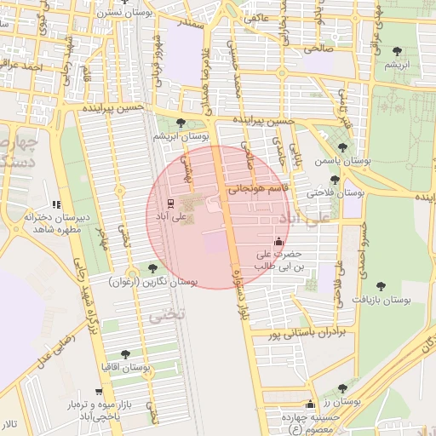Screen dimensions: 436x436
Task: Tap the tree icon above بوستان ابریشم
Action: click(180, 123)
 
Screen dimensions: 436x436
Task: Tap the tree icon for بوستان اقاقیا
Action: click(126, 353)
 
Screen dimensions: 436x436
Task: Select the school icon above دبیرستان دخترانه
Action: click(56, 204)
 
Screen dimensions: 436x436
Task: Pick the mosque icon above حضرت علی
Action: click(279, 242)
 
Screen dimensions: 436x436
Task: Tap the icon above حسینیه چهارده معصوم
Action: click(309, 404)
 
